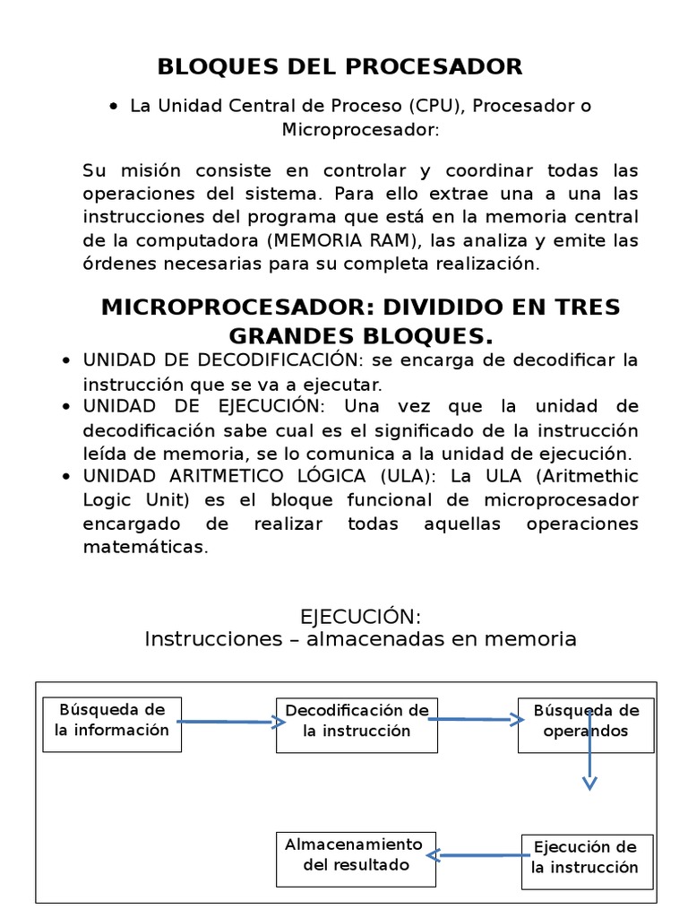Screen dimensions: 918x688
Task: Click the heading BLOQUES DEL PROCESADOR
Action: tap(340, 67)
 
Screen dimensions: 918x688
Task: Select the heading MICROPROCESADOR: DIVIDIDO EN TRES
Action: tap(360, 307)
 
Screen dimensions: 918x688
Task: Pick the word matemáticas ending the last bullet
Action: tap(145, 546)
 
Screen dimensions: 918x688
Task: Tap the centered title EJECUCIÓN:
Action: tap(360, 617)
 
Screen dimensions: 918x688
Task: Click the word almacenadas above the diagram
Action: tap(413, 639)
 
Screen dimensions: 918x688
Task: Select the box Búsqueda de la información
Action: tap(112, 724)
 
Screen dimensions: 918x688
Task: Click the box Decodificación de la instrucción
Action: tap(357, 725)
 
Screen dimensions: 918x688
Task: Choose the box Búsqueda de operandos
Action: tap(586, 725)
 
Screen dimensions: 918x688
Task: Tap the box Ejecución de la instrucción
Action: tap(586, 862)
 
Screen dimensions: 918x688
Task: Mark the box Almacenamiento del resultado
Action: tap(356, 858)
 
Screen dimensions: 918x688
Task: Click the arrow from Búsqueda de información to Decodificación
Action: tap(227, 721)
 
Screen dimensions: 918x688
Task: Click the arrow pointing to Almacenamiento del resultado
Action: tap(476, 855)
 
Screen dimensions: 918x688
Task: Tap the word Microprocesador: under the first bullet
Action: tap(361, 130)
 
